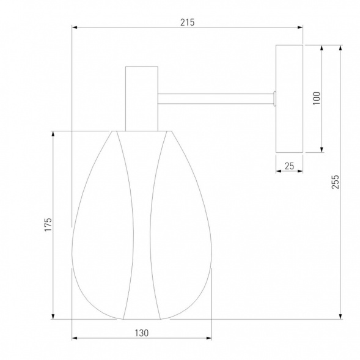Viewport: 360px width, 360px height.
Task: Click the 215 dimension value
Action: tap(188, 22)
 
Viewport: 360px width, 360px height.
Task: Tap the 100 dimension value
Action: tap(317, 98)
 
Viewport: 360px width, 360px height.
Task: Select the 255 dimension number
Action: tap(335, 182)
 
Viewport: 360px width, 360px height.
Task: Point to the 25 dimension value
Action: tap(289, 166)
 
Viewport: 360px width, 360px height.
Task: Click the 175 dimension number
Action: tap(48, 224)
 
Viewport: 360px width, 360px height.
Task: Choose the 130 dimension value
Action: tap(141, 333)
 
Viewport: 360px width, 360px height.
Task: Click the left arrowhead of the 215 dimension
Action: tap(75, 28)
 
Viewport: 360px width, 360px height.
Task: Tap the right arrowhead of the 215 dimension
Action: tap(300, 28)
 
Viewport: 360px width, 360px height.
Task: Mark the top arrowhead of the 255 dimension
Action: tap(340, 48)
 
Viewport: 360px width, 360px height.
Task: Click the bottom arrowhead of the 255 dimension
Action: tap(340, 317)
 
